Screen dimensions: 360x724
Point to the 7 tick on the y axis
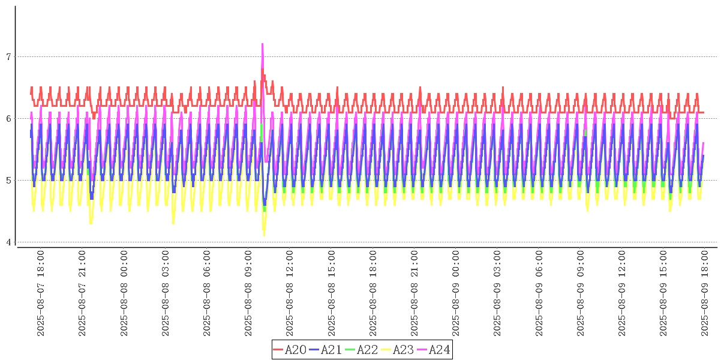click(x=8, y=57)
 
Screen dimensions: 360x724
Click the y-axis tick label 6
click(x=8, y=119)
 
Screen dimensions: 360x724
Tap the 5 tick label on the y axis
click(x=8, y=181)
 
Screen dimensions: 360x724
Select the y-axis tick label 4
click(x=8, y=242)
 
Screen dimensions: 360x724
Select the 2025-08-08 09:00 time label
click(x=248, y=294)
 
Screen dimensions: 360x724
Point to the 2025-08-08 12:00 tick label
click(x=290, y=294)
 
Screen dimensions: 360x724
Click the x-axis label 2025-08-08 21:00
click(x=414, y=294)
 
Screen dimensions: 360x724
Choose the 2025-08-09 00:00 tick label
click(x=455, y=294)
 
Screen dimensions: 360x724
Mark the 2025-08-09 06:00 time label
click(x=538, y=294)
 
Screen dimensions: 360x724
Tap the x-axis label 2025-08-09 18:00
click(x=704, y=294)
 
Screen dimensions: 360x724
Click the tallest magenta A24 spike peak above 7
click(x=262, y=44)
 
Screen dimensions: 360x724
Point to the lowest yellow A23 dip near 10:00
click(x=264, y=235)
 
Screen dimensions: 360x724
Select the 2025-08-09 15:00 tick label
click(x=663, y=294)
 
